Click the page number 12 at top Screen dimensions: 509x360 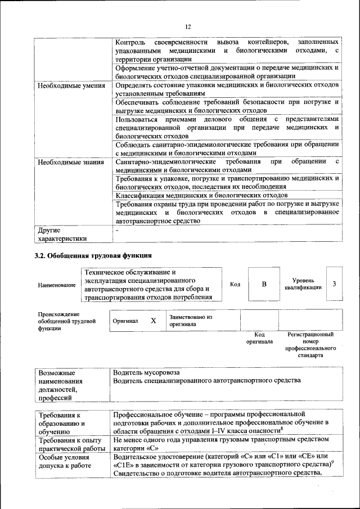188,26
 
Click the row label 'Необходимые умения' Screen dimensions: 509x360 70,85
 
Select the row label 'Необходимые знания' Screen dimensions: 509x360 70,163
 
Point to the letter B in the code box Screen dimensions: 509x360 264,284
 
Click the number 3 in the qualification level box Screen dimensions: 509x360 334,283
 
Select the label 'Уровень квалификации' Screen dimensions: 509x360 307,283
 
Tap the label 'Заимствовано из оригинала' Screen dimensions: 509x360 190,321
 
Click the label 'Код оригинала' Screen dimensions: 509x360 259,337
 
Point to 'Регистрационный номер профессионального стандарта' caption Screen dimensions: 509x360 310,345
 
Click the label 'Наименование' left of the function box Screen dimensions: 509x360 57,285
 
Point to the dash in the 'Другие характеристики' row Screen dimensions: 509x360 116,231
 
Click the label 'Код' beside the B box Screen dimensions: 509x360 235,284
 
